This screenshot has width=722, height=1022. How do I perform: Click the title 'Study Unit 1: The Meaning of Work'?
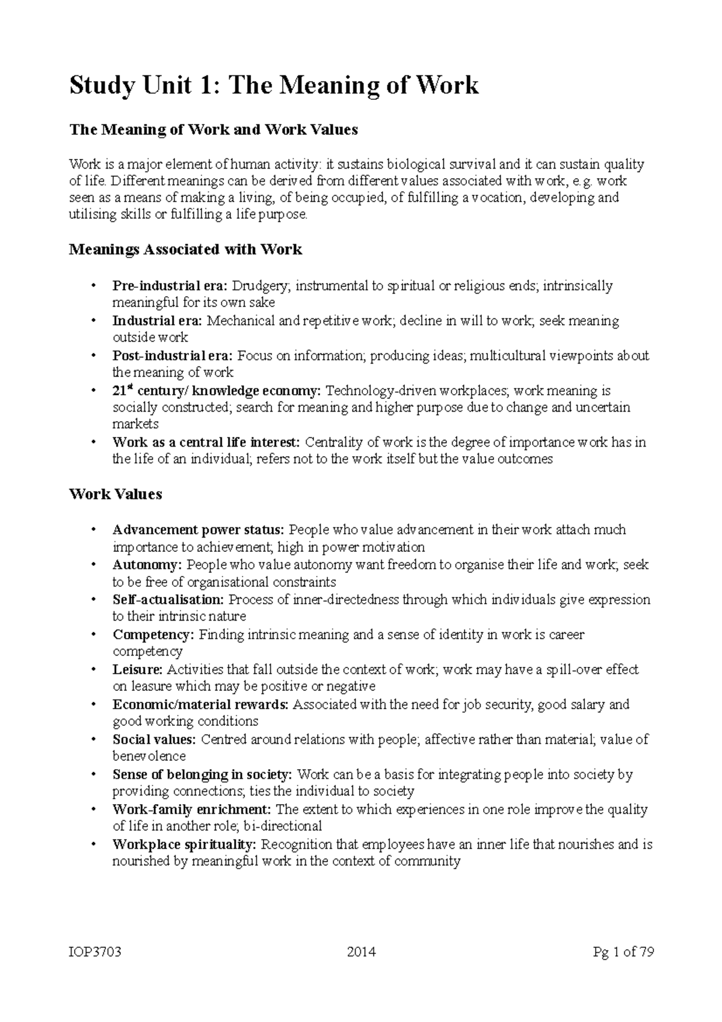coord(274,85)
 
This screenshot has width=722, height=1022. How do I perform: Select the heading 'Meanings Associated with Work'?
coord(185,249)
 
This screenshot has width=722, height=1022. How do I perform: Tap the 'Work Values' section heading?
coord(116,494)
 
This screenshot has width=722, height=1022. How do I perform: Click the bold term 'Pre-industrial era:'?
coord(170,285)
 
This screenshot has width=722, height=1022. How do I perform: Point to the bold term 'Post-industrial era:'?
coord(174,355)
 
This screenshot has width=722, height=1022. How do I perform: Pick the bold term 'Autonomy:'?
coord(147,565)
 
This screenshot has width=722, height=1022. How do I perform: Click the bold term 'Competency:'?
coord(153,634)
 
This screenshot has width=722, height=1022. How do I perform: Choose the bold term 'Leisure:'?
coord(138,669)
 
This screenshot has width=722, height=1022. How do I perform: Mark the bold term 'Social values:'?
coord(154,739)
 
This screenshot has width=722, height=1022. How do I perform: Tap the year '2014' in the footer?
coord(361,952)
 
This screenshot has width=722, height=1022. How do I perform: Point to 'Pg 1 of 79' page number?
coord(623,952)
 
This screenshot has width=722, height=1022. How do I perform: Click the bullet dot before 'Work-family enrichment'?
coord(93,810)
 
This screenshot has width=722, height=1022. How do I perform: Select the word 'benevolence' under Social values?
coord(149,756)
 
